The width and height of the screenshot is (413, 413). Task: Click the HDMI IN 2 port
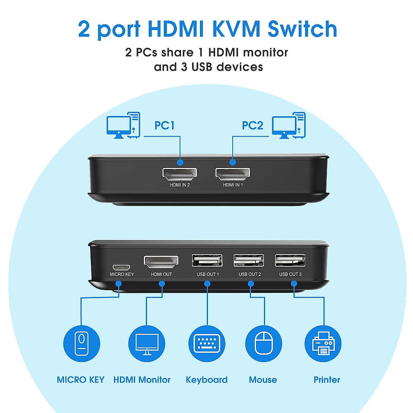(180, 174)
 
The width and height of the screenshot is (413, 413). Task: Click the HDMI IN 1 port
(233, 174)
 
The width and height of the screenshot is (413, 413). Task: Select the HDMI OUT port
(161, 262)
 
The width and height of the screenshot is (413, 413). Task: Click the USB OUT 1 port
(207, 261)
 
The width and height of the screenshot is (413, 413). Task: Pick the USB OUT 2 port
(249, 261)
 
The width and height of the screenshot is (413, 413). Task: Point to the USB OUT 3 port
(290, 261)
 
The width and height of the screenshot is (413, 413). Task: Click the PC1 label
(165, 125)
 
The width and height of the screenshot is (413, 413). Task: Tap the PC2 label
(252, 125)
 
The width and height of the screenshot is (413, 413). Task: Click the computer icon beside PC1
(123, 125)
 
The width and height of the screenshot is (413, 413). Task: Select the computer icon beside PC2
(289, 125)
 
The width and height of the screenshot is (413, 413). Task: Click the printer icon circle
(323, 343)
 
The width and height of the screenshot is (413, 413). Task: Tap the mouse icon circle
(264, 343)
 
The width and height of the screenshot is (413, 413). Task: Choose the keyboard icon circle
(207, 343)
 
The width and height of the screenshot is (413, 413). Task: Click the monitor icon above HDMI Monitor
(147, 343)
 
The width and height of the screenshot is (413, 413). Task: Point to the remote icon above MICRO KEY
(82, 343)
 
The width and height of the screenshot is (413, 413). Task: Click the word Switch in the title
(302, 29)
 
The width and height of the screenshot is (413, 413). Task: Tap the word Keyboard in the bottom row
(206, 380)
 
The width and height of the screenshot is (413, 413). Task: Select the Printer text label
(327, 380)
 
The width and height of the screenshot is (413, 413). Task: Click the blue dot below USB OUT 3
(294, 284)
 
